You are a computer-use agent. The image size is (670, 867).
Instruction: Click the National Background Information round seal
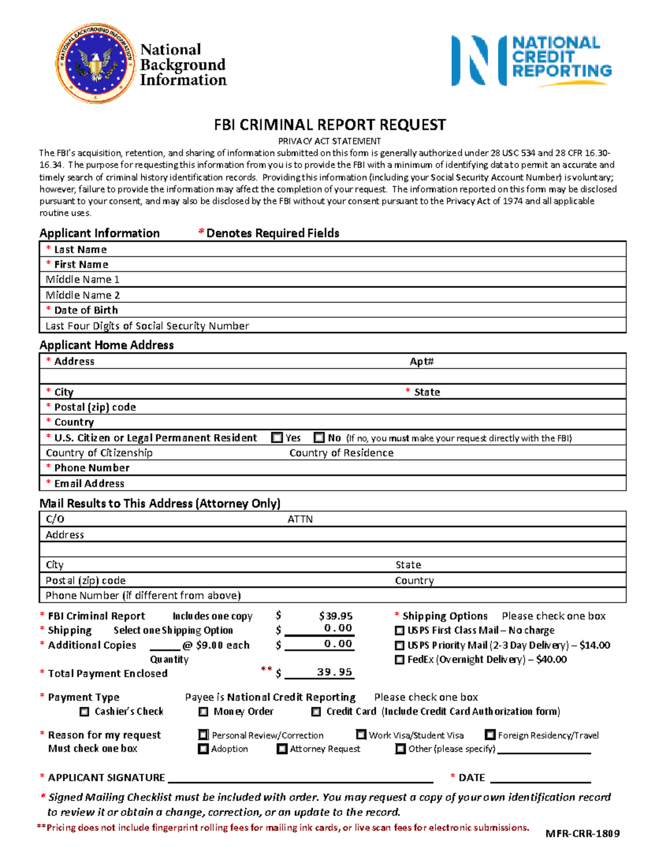(x=95, y=63)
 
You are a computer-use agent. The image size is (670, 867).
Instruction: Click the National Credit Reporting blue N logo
(x=478, y=61)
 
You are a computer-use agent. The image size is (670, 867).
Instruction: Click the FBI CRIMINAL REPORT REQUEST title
(x=329, y=124)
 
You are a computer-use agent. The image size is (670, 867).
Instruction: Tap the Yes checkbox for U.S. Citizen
(x=277, y=438)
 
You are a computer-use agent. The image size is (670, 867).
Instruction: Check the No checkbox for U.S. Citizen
(x=319, y=438)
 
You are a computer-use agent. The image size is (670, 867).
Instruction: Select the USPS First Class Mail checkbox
(x=399, y=630)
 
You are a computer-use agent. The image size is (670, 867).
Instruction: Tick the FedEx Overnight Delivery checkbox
(x=399, y=659)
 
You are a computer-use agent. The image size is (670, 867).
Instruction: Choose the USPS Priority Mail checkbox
(x=399, y=645)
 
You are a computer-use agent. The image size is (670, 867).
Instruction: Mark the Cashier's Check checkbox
(x=84, y=712)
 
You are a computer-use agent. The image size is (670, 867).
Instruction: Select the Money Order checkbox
(x=203, y=712)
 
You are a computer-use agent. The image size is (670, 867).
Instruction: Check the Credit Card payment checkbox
(x=316, y=712)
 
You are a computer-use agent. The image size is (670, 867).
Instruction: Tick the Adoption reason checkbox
(x=203, y=749)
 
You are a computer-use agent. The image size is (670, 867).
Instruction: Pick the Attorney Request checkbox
(x=282, y=749)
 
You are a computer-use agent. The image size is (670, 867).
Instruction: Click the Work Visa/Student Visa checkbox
(x=361, y=735)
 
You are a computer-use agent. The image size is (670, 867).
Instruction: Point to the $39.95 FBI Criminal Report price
(x=336, y=616)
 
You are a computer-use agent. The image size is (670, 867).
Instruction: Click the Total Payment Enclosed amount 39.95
(x=334, y=672)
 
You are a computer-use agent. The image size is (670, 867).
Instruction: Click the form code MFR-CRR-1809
(x=582, y=834)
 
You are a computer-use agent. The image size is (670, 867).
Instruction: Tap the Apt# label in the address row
(x=422, y=361)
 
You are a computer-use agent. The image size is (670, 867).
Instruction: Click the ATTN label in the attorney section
(x=300, y=519)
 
